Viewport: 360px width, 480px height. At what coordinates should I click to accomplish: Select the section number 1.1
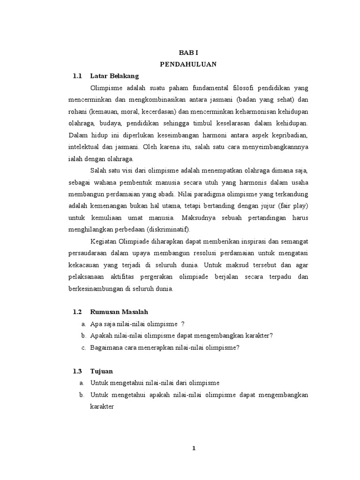pos(77,75)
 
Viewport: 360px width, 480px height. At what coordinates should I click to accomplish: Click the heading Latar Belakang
pos(114,75)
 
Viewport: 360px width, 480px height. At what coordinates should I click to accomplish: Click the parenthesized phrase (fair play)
pos(292,205)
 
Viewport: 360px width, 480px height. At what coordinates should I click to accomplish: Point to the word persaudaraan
pos(89,253)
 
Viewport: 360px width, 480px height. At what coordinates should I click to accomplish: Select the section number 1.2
pos(77,312)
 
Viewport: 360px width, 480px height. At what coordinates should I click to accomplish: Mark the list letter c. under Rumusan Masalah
pos(83,347)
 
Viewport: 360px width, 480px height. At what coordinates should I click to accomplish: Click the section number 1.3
pos(77,371)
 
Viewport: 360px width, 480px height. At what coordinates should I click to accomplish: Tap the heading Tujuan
pos(102,371)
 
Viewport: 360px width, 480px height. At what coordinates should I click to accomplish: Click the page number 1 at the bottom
pos(194,448)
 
